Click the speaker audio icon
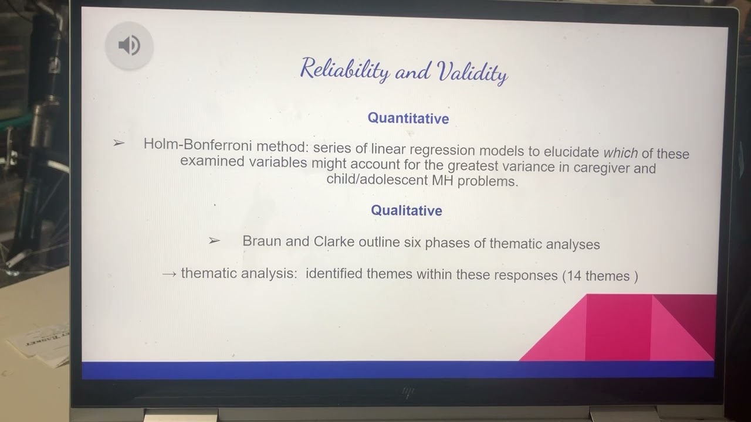pos(129,46)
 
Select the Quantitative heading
pos(408,118)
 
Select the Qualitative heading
pos(406,210)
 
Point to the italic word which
pos(620,153)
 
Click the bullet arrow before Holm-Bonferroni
pos(119,143)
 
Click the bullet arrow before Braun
pos(214,240)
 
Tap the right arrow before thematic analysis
pos(169,273)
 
